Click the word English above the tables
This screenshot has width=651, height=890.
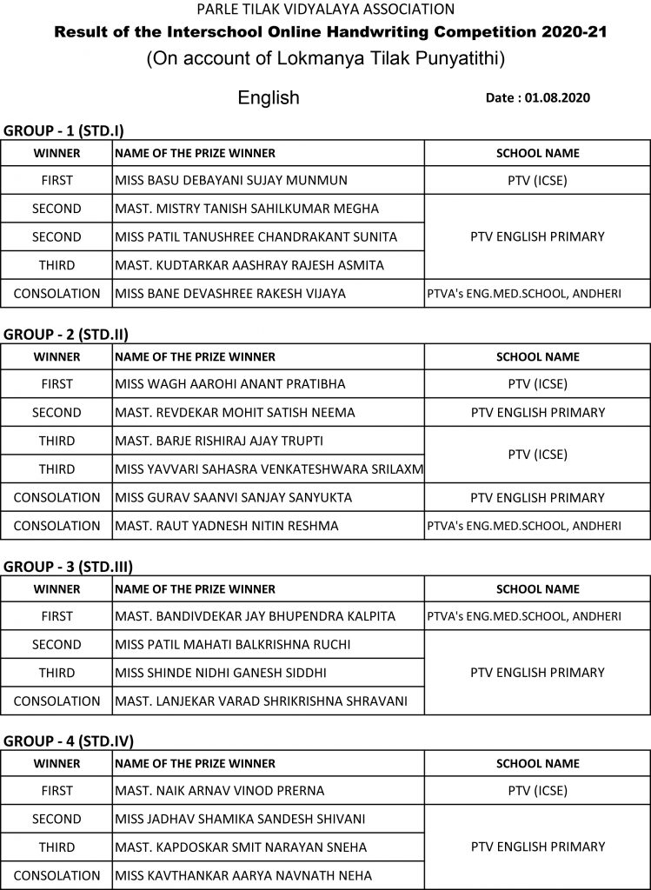269,98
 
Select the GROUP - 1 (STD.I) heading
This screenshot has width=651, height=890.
64,130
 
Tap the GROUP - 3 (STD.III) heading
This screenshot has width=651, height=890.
69,567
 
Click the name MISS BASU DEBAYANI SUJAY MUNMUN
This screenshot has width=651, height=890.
231,181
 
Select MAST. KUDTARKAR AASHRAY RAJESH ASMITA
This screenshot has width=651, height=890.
249,265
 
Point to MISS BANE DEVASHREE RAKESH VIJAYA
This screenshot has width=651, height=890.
230,294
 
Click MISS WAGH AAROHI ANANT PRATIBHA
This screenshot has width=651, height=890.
230,384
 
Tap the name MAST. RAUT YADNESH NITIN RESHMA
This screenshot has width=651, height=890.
227,526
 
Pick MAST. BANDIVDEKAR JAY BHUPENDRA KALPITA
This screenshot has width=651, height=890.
256,616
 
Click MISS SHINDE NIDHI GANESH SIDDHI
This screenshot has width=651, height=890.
221,673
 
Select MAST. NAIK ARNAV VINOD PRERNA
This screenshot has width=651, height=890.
220,791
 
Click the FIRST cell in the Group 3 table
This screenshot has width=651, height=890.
56,616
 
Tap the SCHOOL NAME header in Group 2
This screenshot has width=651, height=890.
537,356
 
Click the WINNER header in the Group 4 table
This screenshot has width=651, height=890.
56,763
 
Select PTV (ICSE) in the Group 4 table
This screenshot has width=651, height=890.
537,791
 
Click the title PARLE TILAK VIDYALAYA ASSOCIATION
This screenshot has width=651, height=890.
325,10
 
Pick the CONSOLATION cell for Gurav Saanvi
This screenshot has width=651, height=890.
56,497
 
